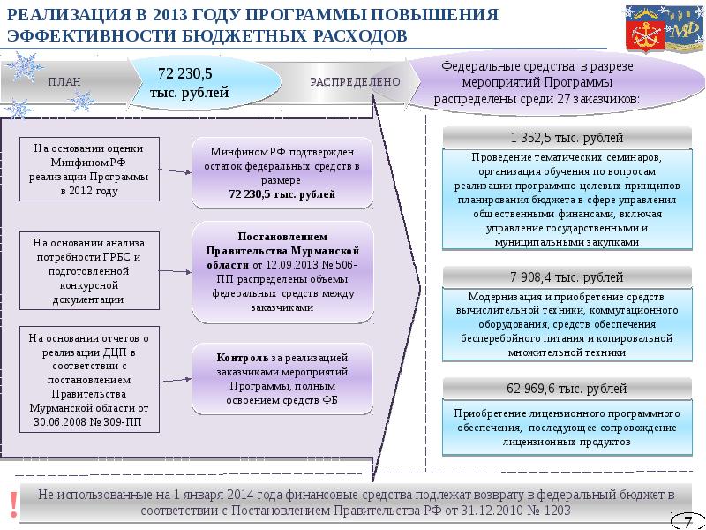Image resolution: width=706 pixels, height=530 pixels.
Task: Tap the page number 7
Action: tap(683, 519)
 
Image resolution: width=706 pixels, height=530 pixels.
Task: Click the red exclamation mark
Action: tap(12, 502)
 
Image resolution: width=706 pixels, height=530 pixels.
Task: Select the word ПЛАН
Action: tap(64, 82)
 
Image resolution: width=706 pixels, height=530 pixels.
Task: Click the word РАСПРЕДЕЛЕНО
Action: tap(356, 82)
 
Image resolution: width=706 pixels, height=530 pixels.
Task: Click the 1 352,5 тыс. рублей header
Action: tap(567, 138)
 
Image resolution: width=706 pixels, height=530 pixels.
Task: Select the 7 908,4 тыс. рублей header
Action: tap(567, 277)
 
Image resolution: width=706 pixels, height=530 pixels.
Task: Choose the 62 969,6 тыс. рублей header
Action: tap(567, 389)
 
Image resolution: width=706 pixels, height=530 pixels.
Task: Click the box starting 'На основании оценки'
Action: tap(89, 170)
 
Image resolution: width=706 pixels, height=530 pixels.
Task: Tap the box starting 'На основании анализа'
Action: tap(89, 270)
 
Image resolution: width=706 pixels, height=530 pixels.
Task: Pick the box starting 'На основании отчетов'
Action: tap(89, 380)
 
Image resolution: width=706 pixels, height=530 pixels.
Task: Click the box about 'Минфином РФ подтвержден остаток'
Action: tap(282, 172)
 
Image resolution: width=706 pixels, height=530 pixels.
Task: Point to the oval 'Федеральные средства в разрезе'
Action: tap(552, 82)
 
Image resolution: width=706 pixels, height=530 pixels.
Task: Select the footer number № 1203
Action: tap(548, 511)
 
